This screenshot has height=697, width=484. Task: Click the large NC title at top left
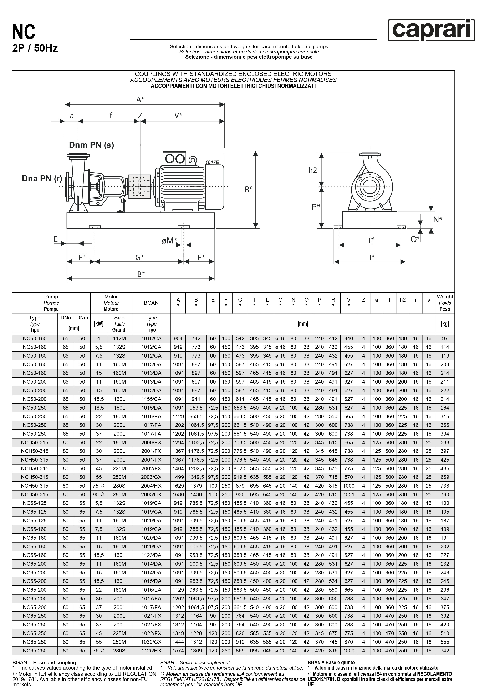[24, 32]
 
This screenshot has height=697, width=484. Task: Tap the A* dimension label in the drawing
[140, 99]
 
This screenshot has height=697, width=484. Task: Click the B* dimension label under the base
[141, 274]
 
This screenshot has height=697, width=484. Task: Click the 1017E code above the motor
[212, 162]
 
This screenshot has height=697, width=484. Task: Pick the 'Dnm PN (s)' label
[91, 145]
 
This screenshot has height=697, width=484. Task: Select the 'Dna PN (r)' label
[42, 178]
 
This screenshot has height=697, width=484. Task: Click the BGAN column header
[151, 303]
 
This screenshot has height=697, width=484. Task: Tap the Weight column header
[445, 303]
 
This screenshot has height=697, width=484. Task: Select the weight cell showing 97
[445, 338]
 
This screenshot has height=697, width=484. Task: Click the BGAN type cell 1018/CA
[151, 338]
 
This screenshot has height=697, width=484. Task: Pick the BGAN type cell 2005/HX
[151, 494]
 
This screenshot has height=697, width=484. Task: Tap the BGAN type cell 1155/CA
[151, 399]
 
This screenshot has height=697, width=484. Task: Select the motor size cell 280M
[119, 494]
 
